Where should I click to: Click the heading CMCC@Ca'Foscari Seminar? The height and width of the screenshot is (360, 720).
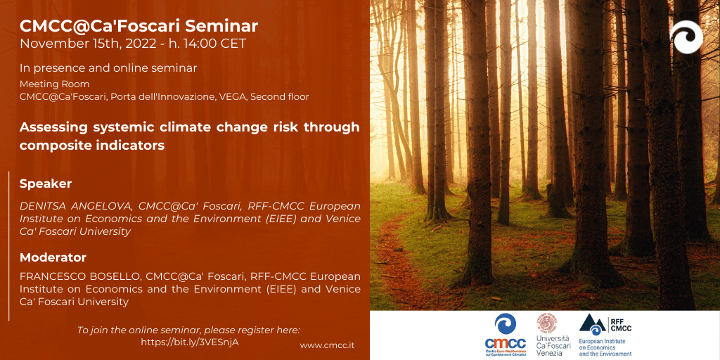click(x=139, y=26)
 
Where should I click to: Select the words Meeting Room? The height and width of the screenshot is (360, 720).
click(x=55, y=84)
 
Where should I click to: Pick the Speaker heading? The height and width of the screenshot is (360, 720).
click(x=46, y=184)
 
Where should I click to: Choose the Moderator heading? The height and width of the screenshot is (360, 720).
click(x=53, y=257)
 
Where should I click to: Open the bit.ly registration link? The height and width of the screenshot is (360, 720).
click(x=190, y=342)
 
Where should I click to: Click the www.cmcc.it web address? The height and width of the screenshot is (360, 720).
click(x=328, y=345)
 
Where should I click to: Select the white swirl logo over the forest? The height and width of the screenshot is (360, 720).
click(x=686, y=37)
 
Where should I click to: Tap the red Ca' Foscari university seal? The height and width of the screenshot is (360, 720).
click(x=547, y=323)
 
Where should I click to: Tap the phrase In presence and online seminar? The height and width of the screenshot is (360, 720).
click(x=108, y=68)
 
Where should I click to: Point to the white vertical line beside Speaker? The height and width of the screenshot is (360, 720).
click(x=8, y=246)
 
